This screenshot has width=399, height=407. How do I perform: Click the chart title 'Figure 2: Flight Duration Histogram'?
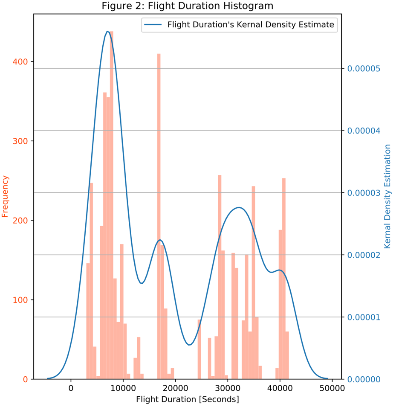pyautogui.click(x=188, y=6)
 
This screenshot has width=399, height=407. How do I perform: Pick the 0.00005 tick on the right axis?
pyautogui.click(x=363, y=68)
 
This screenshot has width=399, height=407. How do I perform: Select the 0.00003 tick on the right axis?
pyautogui.click(x=363, y=193)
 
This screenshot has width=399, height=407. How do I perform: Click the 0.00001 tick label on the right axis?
pyautogui.click(x=363, y=317)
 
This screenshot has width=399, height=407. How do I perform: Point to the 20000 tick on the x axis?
pyautogui.click(x=175, y=389)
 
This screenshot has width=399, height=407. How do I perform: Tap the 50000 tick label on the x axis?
pyautogui.click(x=332, y=389)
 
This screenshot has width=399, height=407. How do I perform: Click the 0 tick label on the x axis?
pyautogui.click(x=71, y=389)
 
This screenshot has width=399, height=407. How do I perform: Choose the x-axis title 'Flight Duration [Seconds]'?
pyautogui.click(x=188, y=400)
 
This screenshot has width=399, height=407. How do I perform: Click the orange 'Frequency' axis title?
pyautogui.click(x=5, y=196)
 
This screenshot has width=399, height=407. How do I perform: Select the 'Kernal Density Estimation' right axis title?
pyautogui.click(x=387, y=196)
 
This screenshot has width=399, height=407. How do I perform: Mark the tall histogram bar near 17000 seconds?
pyautogui.click(x=159, y=213)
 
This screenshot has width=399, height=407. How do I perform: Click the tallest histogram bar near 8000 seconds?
pyautogui.click(x=112, y=205)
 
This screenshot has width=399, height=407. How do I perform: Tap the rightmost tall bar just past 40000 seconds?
pyautogui.click(x=284, y=277)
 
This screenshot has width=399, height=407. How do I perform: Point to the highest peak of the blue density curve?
pyautogui.click(x=107, y=31)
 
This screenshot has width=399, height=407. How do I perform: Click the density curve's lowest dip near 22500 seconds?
pyautogui.click(x=189, y=345)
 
